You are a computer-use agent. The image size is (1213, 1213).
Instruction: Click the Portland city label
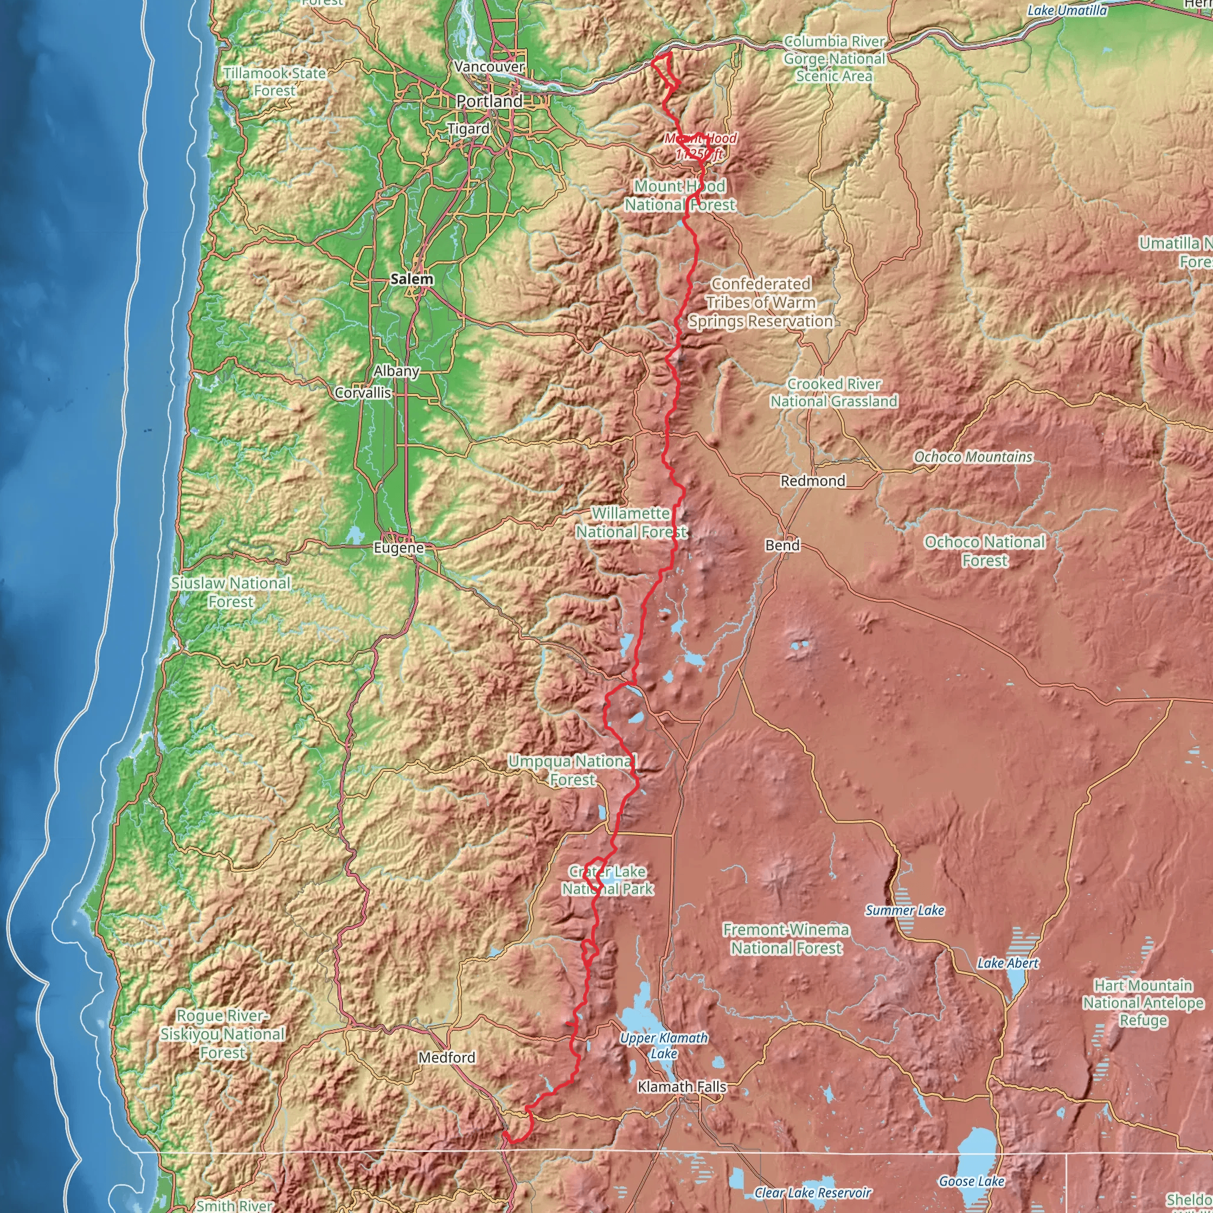(x=489, y=101)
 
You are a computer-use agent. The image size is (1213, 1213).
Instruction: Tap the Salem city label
(x=412, y=279)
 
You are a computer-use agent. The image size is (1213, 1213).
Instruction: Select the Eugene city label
(x=399, y=547)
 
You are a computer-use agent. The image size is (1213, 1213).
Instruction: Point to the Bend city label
(x=782, y=545)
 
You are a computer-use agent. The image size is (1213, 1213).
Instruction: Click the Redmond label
(x=813, y=481)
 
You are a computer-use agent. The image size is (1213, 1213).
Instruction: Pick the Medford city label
(x=447, y=1057)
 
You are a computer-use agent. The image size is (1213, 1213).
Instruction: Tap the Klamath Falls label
(x=681, y=1087)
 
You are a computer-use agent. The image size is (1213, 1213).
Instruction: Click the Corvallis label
(x=363, y=393)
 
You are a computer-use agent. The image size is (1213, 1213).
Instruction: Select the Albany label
(x=396, y=371)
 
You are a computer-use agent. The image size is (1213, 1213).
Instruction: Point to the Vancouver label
(x=489, y=66)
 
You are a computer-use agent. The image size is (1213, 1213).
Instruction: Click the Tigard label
(x=468, y=129)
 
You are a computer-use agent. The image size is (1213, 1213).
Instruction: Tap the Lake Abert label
(x=1007, y=963)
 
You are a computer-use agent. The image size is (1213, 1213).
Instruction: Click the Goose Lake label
(x=971, y=1181)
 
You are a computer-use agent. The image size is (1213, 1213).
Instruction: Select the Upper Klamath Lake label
(x=663, y=1046)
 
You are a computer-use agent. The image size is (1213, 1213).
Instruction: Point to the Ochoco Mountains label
(x=973, y=457)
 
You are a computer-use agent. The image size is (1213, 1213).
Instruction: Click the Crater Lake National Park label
(x=607, y=880)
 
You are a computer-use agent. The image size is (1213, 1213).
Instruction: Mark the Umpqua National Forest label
(x=572, y=771)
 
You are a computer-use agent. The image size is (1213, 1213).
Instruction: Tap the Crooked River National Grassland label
(x=834, y=393)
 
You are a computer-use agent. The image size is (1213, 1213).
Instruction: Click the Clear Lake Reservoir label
(x=813, y=1192)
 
